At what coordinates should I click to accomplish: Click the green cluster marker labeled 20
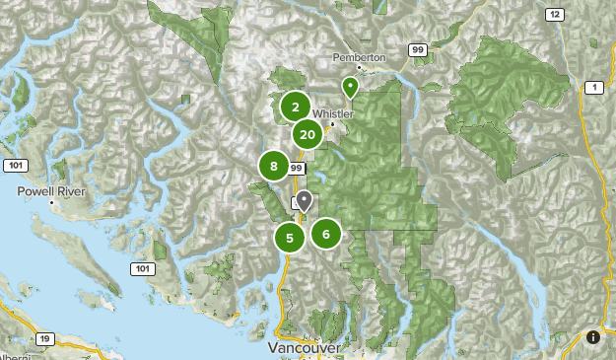tap(308, 135)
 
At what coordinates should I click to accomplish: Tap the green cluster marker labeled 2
tap(295, 107)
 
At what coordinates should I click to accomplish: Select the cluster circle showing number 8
tap(274, 167)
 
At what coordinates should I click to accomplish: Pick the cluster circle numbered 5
tap(289, 237)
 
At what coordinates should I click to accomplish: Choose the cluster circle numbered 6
tap(326, 234)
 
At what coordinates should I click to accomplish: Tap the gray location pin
tap(305, 201)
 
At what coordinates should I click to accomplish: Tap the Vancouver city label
tap(306, 349)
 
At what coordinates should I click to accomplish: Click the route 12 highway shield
tap(556, 14)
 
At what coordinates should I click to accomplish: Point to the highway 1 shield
tap(595, 89)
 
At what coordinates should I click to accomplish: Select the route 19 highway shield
tap(45, 338)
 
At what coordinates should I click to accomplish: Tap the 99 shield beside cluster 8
tap(296, 169)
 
